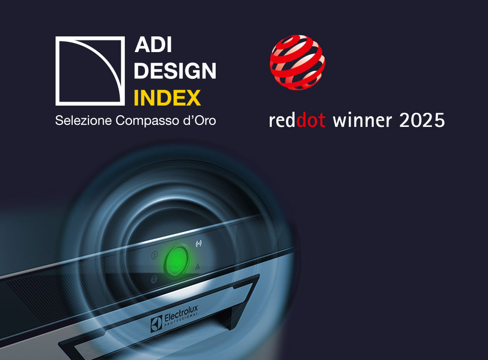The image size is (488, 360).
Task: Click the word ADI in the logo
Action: click(153, 46)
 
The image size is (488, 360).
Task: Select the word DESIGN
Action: click(175, 71)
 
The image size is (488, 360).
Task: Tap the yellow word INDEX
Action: click(167, 98)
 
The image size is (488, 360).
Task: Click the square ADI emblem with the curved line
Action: click(90, 71)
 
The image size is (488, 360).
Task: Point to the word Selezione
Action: click(84, 121)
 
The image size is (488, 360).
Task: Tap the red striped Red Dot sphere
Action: click(298, 62)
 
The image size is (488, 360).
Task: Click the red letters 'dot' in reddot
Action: click(311, 120)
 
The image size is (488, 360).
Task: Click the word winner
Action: click(362, 120)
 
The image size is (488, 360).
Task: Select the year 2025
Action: click(422, 120)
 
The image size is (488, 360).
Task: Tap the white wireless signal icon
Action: click(198, 244)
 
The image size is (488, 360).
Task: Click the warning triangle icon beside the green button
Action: click(198, 266)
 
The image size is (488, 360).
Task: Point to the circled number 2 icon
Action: click(154, 257)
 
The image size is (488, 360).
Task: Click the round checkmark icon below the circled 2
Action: click(154, 279)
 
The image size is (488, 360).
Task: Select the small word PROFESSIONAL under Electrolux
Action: click(181, 325)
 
